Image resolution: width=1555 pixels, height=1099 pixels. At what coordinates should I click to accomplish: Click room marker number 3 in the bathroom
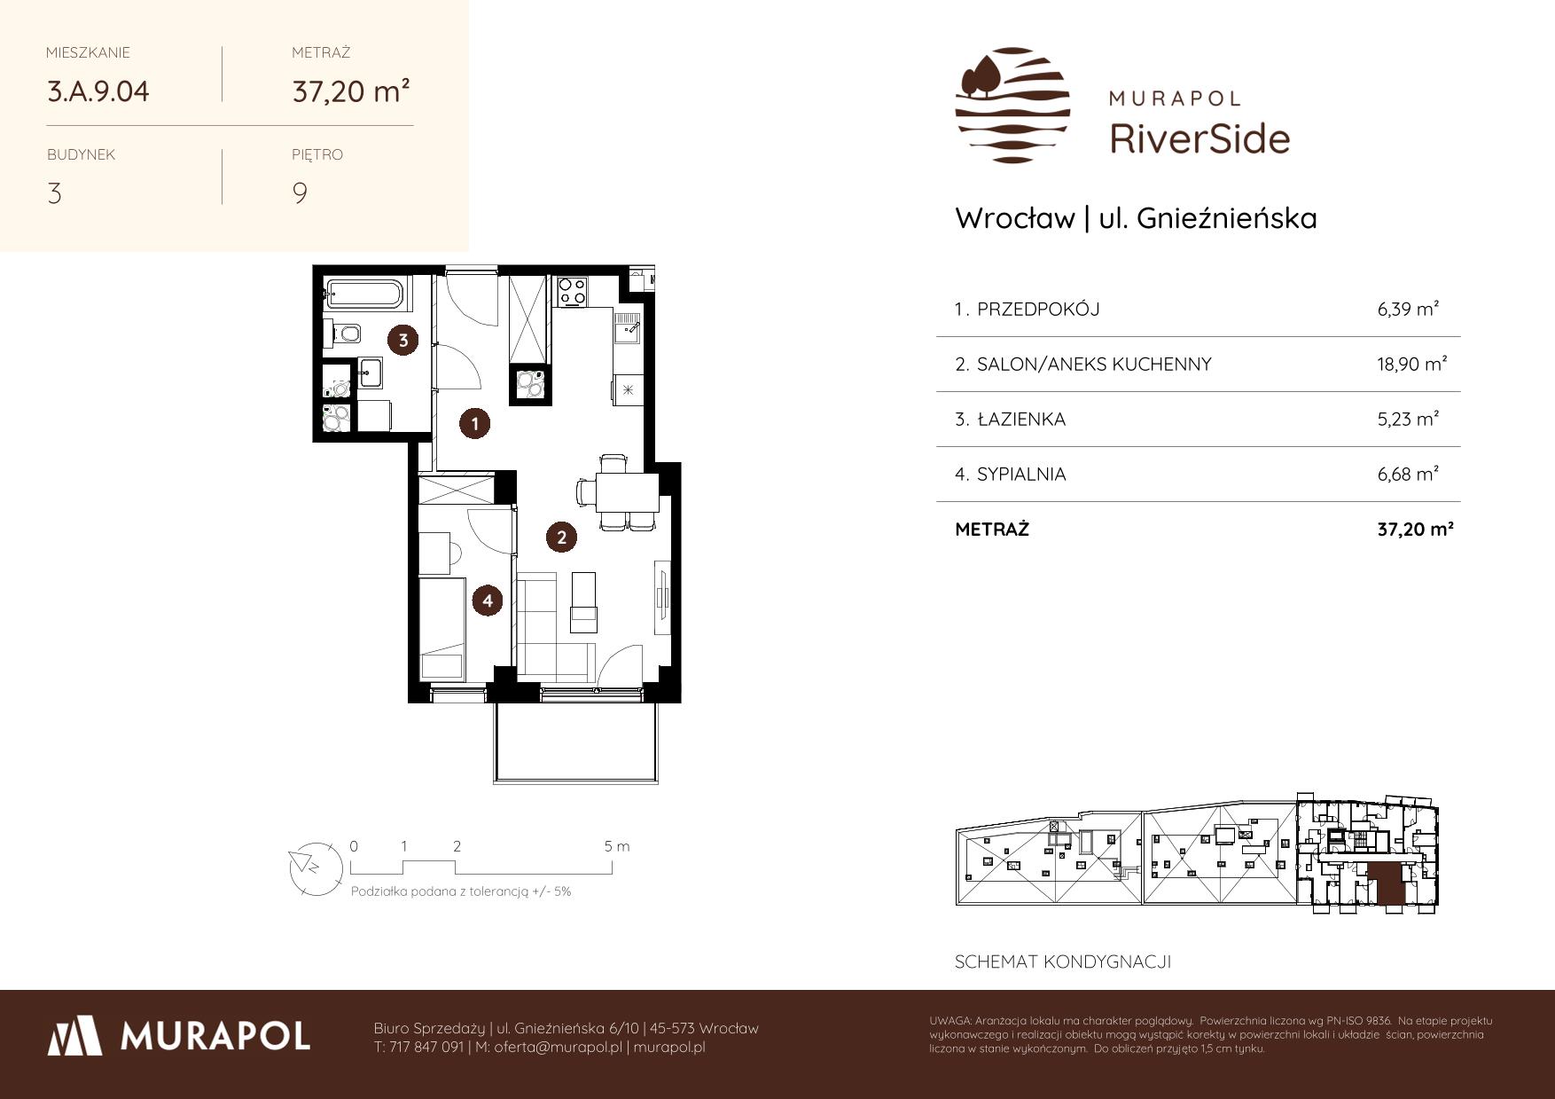(x=403, y=340)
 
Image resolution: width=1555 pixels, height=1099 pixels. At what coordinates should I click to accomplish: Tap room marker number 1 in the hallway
(x=474, y=424)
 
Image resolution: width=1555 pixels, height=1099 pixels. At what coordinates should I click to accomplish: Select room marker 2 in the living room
(x=561, y=537)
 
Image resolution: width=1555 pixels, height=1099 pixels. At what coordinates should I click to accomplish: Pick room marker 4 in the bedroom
(x=488, y=601)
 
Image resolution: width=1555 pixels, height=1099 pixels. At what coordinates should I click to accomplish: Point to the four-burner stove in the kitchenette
(x=572, y=291)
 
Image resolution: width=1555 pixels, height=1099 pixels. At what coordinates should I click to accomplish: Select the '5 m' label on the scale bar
(x=617, y=846)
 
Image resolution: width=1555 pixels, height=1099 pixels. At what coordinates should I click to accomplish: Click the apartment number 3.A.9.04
(x=98, y=91)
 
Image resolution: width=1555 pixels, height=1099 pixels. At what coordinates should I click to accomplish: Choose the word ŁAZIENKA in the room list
(x=1021, y=419)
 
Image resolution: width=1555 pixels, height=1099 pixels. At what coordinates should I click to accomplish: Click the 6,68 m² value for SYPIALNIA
(x=1408, y=474)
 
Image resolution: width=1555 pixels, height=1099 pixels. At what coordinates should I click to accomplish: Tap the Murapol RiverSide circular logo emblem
(x=1012, y=105)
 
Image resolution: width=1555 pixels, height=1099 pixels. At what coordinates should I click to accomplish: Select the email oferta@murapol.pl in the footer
(x=558, y=1048)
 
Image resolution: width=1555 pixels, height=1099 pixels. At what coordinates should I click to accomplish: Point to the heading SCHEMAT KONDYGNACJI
(x=1063, y=962)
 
